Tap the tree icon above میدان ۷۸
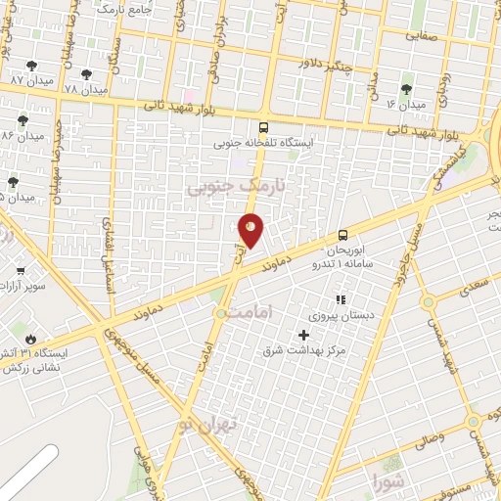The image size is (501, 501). coord(87,74)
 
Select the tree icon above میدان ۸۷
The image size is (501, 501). coord(32,65)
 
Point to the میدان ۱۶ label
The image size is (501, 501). coord(405,104)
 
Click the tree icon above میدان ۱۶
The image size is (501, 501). coord(406,89)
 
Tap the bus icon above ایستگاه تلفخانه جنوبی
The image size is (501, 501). coord(263,127)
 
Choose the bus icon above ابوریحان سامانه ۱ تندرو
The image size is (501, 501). coord(342,235)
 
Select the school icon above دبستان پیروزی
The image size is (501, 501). coord(341,299)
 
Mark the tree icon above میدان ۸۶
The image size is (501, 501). coord(22,120)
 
